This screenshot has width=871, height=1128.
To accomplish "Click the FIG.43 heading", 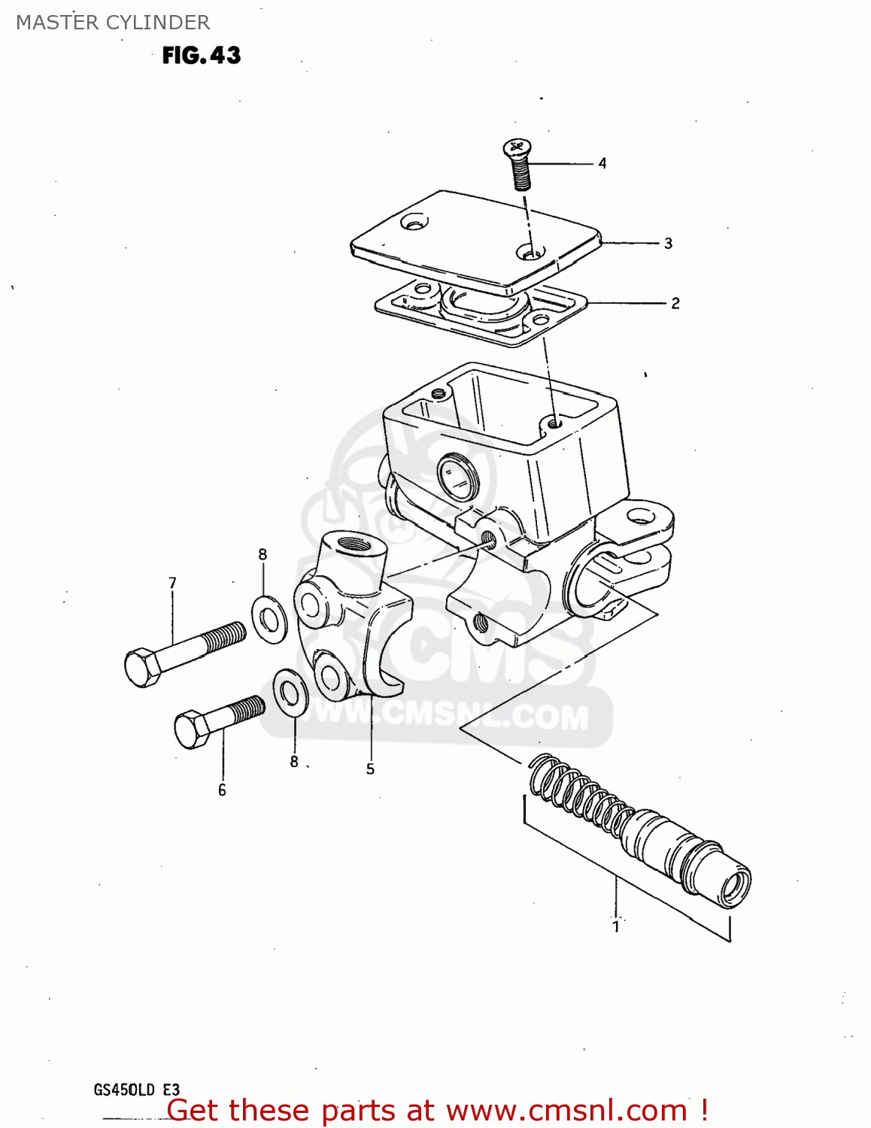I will [x=202, y=55].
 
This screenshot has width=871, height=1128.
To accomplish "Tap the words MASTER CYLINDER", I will [x=113, y=23].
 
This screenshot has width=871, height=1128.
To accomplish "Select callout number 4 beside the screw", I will [x=602, y=163].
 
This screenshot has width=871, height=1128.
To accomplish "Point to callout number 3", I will [x=668, y=244].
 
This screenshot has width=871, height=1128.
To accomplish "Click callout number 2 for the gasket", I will [x=675, y=303].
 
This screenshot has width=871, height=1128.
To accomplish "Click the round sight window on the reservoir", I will [x=458, y=477].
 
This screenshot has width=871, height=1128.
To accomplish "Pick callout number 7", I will [x=173, y=583].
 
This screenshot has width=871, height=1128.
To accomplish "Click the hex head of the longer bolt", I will [x=142, y=666].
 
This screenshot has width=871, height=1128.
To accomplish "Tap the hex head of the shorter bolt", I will [x=192, y=729].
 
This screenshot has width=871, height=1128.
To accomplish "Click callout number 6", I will [x=222, y=790].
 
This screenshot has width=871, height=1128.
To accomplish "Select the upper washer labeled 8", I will [x=269, y=619].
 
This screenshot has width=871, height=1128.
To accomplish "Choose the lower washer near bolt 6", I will [x=290, y=692].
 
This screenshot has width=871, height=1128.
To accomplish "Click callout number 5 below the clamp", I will [x=370, y=769].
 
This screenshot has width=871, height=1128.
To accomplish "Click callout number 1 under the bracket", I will [x=616, y=926].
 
